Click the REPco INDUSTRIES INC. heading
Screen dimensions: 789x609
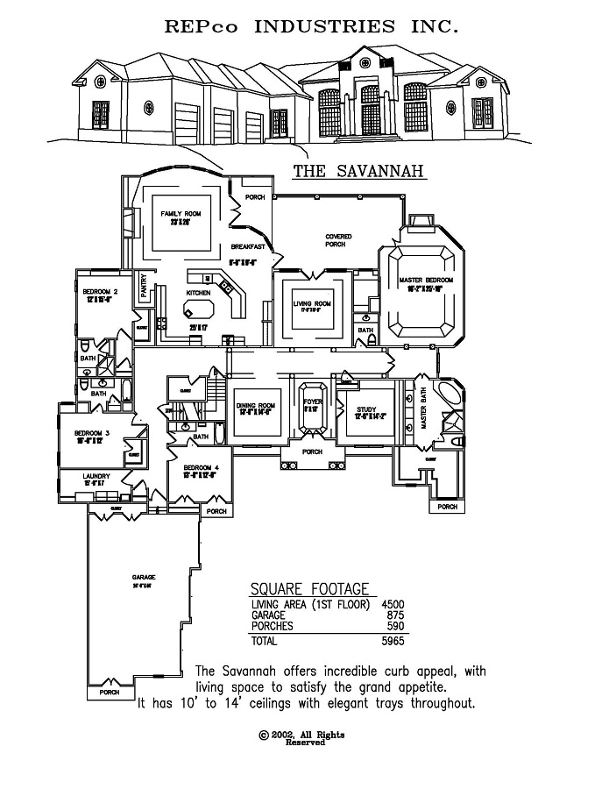pyautogui.click(x=311, y=26)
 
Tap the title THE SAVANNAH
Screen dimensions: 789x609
pyautogui.click(x=358, y=172)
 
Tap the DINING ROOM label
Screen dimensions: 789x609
pyautogui.click(x=256, y=405)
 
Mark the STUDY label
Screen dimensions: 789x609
pyautogui.click(x=365, y=409)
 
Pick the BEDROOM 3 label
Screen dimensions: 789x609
pyautogui.click(x=91, y=433)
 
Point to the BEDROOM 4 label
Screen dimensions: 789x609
pyautogui.click(x=201, y=468)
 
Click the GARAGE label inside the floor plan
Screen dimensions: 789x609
pyautogui.click(x=145, y=577)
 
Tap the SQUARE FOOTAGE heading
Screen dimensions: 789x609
pyautogui.click(x=309, y=589)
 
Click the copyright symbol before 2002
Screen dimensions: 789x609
pyautogui.click(x=263, y=735)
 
